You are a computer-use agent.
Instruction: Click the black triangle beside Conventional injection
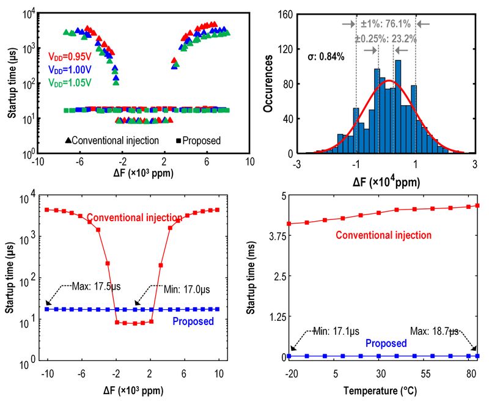pyautogui.click(x=67, y=141)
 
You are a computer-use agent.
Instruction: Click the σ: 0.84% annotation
pyautogui.click(x=326, y=57)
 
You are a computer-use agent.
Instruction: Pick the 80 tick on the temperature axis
pyautogui.click(x=471, y=373)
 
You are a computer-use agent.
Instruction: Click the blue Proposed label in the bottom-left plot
pyautogui.click(x=193, y=321)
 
